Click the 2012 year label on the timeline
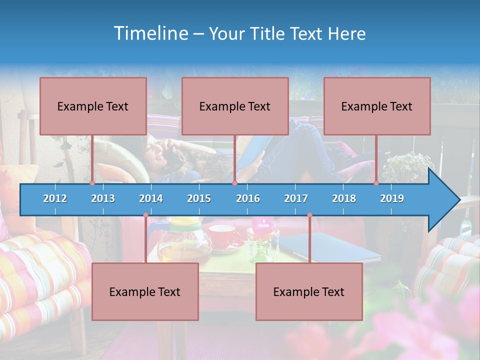[55, 198]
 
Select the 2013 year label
[103, 198]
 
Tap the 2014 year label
[151, 198]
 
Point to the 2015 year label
[199, 198]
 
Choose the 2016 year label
[248, 198]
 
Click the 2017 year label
[296, 198]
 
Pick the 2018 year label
[344, 198]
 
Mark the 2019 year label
[392, 198]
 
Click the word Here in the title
[346, 34]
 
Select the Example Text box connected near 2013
[93, 106]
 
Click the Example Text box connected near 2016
[235, 106]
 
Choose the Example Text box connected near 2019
[377, 106]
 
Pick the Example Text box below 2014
[145, 291]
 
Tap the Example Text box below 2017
[309, 291]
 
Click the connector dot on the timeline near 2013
[92, 183]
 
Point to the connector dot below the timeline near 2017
[309, 215]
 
